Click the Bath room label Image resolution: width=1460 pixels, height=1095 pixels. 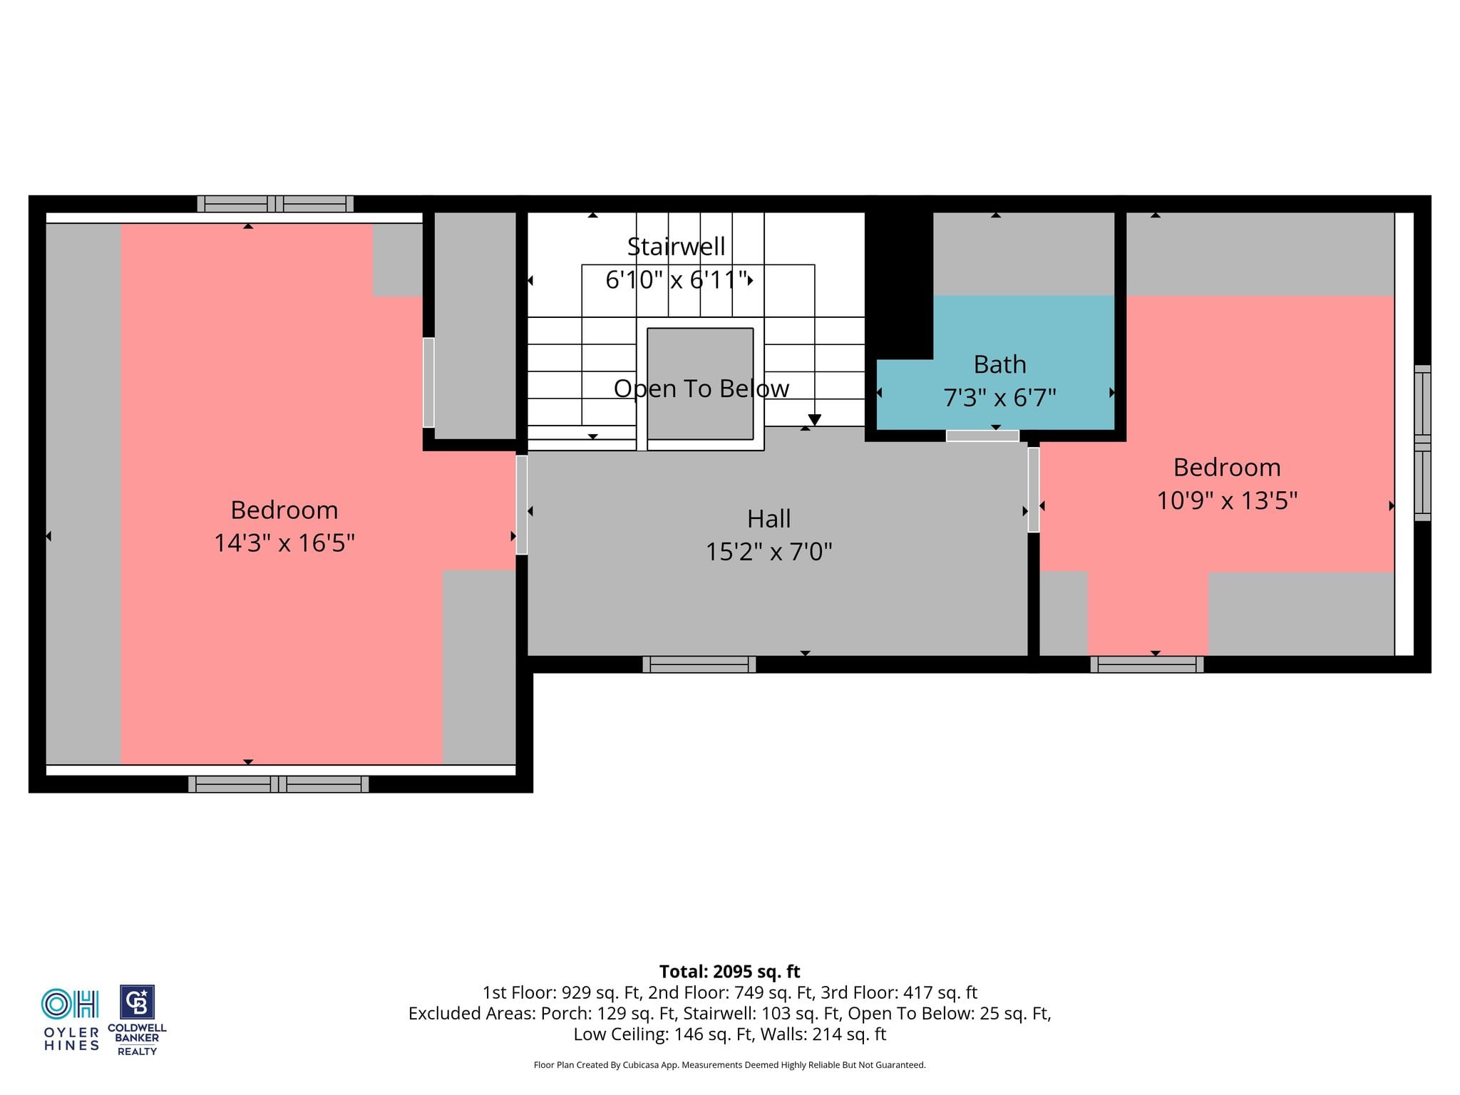click(999, 364)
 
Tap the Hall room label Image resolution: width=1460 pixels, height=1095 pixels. click(768, 518)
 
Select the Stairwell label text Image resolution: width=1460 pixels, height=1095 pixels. click(676, 246)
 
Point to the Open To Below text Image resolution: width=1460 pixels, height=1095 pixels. click(701, 389)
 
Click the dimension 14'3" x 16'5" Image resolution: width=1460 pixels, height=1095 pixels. click(284, 543)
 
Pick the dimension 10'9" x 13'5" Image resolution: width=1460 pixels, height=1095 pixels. click(1227, 500)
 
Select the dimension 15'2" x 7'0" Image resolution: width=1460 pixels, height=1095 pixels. click(768, 551)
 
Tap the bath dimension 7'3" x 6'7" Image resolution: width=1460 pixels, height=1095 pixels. click(999, 397)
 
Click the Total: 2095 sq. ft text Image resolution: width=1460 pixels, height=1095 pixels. click(729, 972)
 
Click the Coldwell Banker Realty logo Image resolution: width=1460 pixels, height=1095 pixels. click(137, 1020)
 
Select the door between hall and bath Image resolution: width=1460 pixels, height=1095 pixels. click(982, 436)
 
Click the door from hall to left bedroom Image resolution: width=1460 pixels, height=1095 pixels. click(522, 505)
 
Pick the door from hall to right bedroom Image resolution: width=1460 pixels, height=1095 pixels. click(1034, 489)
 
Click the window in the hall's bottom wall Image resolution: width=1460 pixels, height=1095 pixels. click(699, 664)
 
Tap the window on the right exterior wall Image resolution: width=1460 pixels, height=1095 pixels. click(1422, 443)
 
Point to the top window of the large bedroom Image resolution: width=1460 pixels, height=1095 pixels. click(275, 204)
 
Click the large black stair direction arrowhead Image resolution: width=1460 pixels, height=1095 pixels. click(815, 420)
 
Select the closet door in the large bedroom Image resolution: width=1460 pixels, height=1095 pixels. click(428, 382)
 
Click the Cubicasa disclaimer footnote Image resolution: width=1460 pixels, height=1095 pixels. click(729, 1065)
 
